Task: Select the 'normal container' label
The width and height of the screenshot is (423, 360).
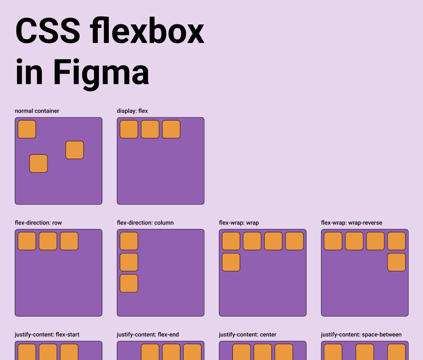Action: pyautogui.click(x=37, y=111)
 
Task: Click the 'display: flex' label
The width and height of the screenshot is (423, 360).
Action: pyautogui.click(x=132, y=111)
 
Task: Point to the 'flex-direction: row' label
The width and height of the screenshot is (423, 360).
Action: pyautogui.click(x=38, y=223)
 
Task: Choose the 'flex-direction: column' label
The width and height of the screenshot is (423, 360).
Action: pyautogui.click(x=145, y=223)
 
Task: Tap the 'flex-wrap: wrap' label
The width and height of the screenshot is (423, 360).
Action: pyautogui.click(x=239, y=223)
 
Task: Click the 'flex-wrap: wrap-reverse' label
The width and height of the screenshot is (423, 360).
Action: pyautogui.click(x=352, y=223)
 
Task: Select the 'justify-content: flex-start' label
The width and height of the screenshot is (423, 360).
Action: pyautogui.click(x=47, y=334)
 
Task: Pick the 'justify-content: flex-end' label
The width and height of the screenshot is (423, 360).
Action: pyautogui.click(x=148, y=334)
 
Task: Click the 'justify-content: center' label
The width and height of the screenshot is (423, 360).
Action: pyautogui.click(x=248, y=334)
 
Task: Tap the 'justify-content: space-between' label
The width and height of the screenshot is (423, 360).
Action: pyautogui.click(x=361, y=334)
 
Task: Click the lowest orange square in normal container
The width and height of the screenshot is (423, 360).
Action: pyautogui.click(x=38, y=163)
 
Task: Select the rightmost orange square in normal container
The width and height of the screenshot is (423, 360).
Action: pyautogui.click(x=74, y=150)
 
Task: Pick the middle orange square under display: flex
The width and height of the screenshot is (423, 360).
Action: pyautogui.click(x=150, y=130)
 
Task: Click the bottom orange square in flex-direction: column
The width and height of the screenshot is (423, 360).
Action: pyautogui.click(x=129, y=283)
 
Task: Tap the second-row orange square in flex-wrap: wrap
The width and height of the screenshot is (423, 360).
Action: pyautogui.click(x=231, y=262)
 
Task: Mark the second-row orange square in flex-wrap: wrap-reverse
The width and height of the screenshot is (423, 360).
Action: pyautogui.click(x=396, y=262)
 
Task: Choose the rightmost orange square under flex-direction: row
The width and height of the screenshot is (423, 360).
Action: pyautogui.click(x=69, y=241)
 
